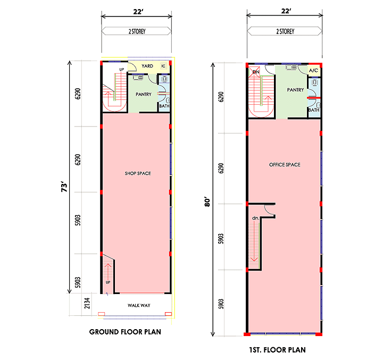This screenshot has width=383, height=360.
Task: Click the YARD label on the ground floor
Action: point(147,66)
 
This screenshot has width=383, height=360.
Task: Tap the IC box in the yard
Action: point(163,66)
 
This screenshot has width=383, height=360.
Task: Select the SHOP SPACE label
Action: point(138,173)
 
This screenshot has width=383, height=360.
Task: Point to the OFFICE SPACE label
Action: point(285,165)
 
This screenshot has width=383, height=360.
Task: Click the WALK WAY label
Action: point(139,306)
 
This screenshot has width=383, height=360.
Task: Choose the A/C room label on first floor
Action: point(313,71)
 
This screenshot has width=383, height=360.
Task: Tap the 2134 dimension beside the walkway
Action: point(87,303)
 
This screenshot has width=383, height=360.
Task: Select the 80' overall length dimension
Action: point(207,202)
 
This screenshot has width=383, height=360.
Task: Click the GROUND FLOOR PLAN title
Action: point(125,332)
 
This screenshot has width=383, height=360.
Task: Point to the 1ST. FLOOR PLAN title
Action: point(277,350)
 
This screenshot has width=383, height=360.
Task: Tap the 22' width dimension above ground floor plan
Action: point(138,12)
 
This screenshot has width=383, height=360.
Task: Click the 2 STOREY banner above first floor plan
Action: point(285,31)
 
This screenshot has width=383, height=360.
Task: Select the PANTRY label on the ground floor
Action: point(144,94)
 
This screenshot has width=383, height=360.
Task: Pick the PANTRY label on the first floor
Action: point(295,90)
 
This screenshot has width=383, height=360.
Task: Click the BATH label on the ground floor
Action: point(164,106)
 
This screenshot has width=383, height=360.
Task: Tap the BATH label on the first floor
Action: point(314,110)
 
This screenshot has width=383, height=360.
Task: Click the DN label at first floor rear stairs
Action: point(256,72)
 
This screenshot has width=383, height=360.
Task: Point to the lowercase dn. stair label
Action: point(255,218)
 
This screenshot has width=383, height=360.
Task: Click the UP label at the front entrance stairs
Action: point(108,282)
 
